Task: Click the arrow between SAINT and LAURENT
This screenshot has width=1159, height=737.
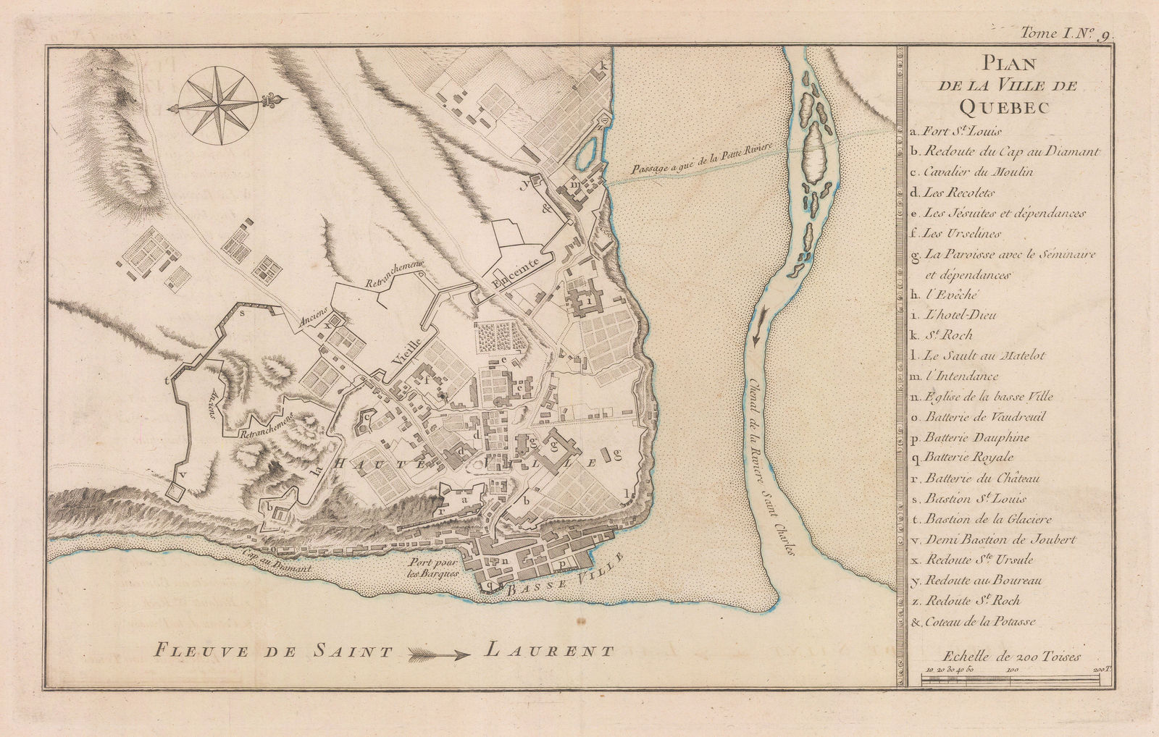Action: click(x=439, y=654)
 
